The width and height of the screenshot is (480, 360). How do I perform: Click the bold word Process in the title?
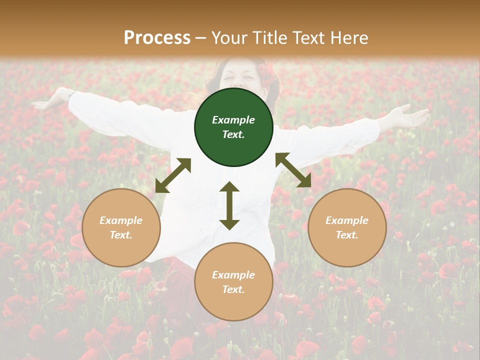(157, 38)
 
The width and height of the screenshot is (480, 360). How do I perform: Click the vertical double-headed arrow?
(229, 205)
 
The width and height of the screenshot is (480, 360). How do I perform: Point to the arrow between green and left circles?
(173, 175)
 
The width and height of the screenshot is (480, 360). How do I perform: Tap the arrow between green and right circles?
(293, 170)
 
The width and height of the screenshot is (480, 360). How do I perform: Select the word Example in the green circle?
(233, 120)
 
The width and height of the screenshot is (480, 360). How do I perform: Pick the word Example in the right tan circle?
(347, 220)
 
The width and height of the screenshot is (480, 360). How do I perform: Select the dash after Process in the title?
(201, 38)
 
